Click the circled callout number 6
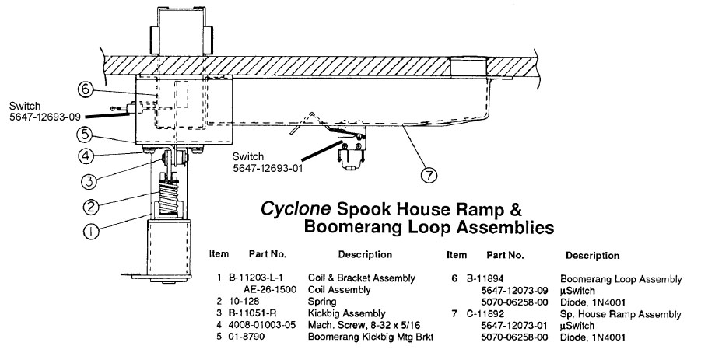86,89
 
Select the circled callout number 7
429,175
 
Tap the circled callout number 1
91,232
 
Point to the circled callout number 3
89,181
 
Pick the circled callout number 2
91,206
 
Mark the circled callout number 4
86,156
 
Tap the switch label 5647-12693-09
44,117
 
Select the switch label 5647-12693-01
268,168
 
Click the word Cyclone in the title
296,208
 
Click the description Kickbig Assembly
346,313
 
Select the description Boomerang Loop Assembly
621,279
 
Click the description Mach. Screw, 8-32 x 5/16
364,325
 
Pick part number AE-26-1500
269,289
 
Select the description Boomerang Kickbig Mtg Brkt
370,337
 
